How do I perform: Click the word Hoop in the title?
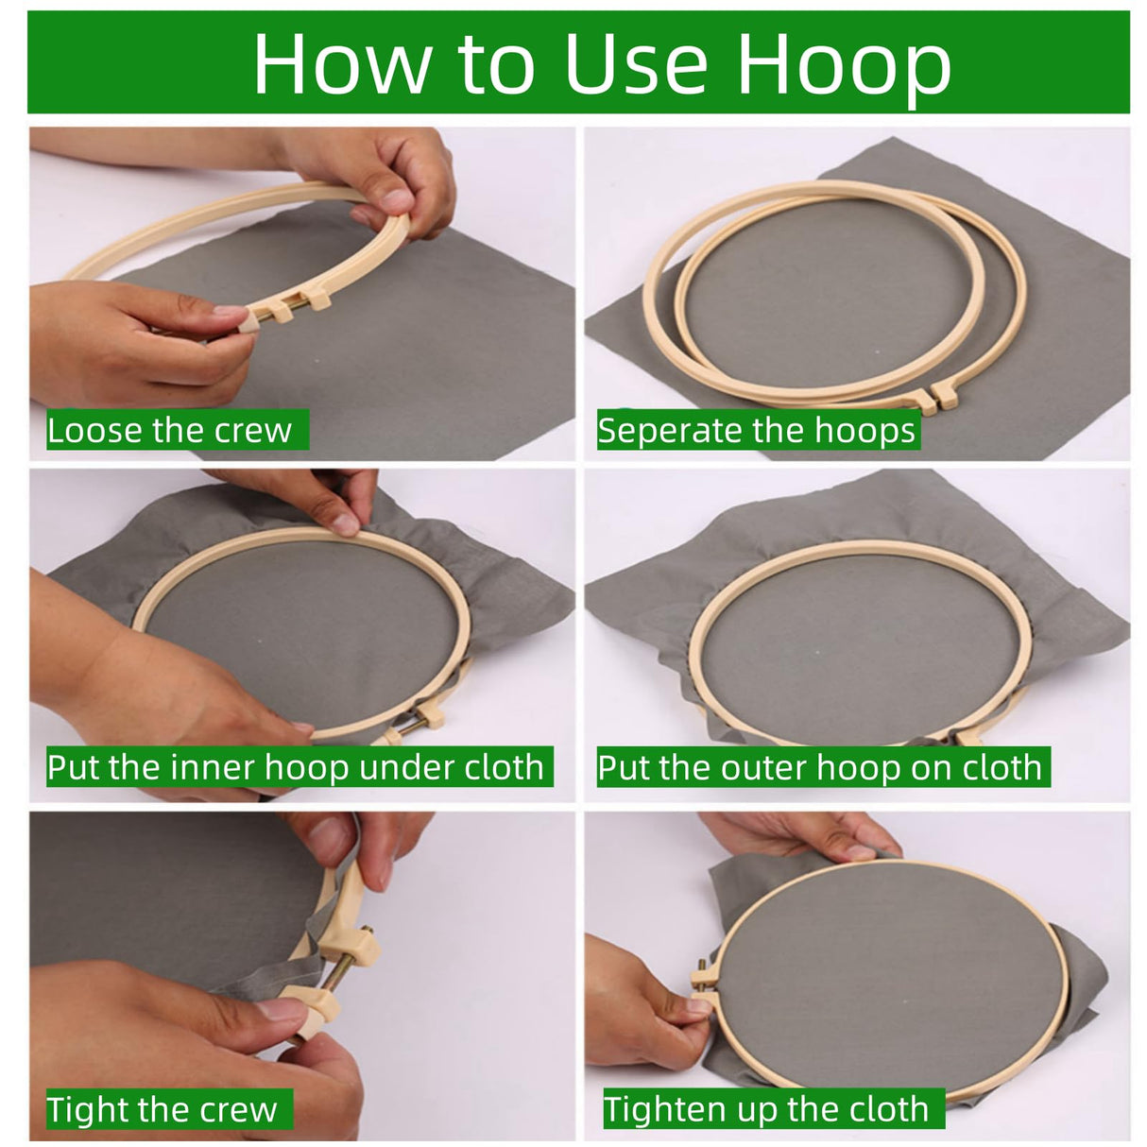pos(844,66)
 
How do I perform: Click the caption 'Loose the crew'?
pos(169,430)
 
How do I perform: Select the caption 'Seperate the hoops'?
pos(756,430)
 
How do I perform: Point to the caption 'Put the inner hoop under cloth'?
pos(295,767)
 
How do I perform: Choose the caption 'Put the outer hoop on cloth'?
pos(820,767)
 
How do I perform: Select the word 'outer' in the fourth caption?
pos(765,768)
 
